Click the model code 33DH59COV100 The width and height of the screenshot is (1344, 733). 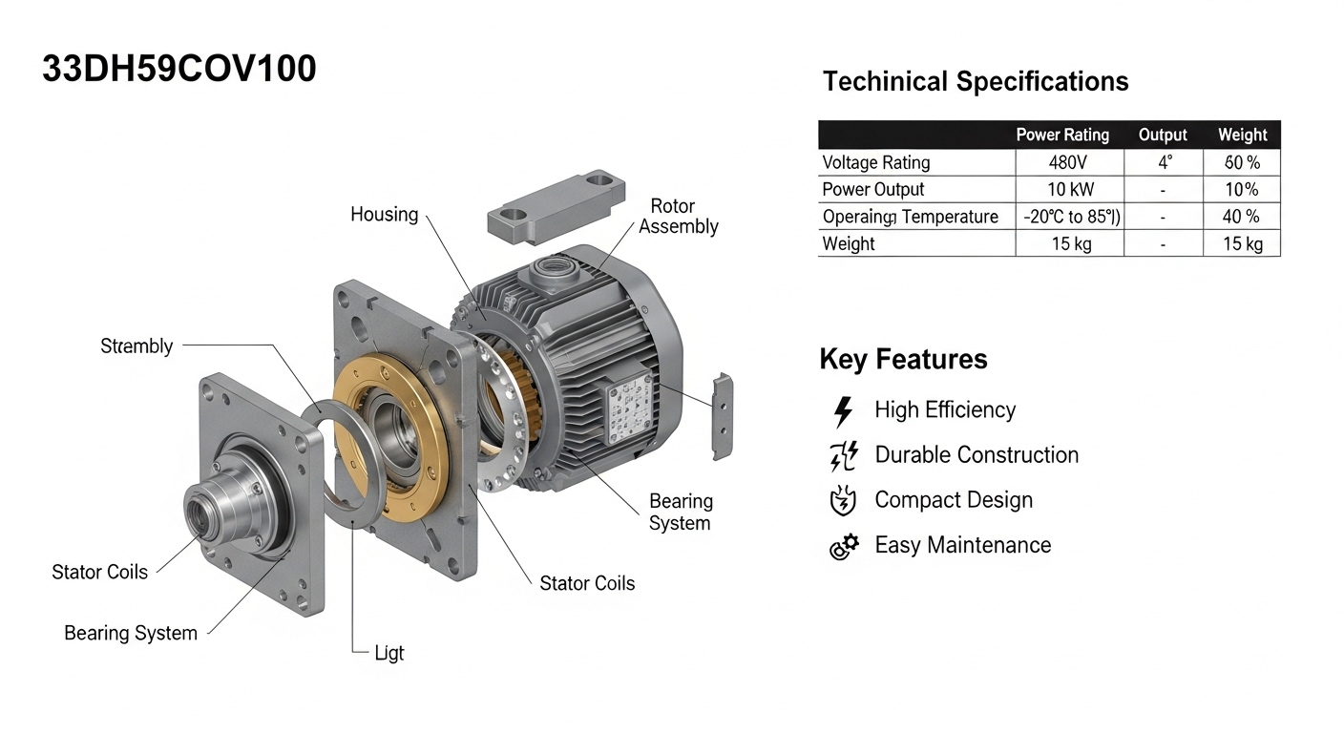[x=178, y=69]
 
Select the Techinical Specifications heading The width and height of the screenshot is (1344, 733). [x=975, y=81]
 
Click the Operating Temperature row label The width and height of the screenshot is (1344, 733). [x=910, y=217]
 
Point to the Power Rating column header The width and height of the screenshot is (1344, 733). [x=1061, y=135]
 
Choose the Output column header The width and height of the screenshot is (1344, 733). [x=1163, y=135]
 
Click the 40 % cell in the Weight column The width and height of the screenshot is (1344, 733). [x=1242, y=217]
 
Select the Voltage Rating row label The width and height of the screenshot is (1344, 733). [x=875, y=162]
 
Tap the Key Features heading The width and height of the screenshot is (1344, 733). [x=903, y=360]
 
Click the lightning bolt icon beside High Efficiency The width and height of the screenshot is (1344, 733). [x=843, y=411]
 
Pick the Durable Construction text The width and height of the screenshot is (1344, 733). [x=976, y=455]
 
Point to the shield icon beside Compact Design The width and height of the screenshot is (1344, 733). [x=844, y=501]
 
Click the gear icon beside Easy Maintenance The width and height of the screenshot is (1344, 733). [x=844, y=547]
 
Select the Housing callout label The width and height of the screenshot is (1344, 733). [x=384, y=215]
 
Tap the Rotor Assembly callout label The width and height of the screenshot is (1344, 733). [x=678, y=216]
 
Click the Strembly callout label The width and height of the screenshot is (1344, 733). [x=136, y=346]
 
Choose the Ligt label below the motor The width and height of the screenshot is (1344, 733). [x=388, y=653]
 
